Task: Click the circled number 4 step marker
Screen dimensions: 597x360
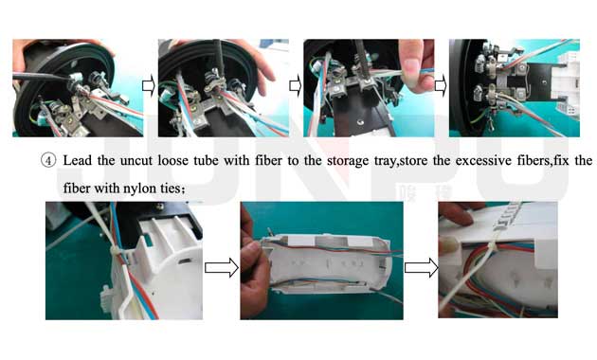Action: point(48,161)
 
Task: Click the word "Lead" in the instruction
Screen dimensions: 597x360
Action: point(78,160)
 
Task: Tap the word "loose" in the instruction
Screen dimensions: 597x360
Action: point(172,160)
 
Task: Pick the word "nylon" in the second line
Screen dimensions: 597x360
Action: point(140,189)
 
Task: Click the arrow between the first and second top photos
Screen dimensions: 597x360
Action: point(149,86)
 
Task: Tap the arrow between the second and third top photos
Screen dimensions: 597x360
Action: point(296,86)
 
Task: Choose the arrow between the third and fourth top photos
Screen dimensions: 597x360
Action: point(441,86)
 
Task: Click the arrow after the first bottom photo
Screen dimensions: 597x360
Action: point(221,267)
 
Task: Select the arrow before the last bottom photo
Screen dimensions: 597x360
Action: point(421,267)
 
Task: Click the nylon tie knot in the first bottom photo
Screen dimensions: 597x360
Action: point(116,253)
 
